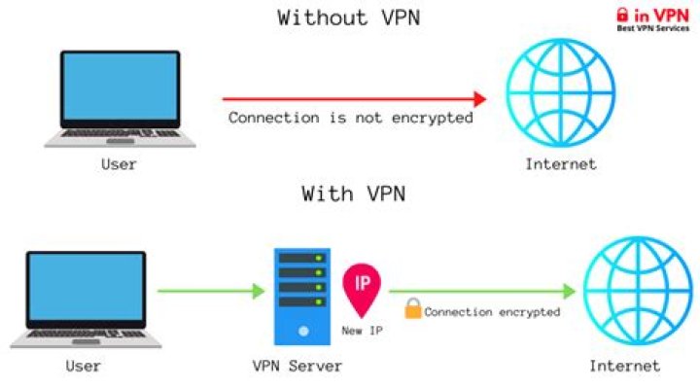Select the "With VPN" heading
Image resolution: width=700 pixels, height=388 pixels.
352,194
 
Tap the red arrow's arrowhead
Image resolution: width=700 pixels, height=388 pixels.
478,98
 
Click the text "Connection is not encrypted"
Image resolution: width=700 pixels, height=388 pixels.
351,118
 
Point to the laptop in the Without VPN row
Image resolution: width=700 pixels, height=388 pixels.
120,97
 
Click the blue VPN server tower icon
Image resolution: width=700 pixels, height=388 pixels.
301,296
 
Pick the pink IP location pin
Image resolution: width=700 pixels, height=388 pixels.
362,286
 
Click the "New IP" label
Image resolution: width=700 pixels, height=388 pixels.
361,332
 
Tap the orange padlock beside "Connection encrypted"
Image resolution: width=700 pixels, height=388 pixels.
412,310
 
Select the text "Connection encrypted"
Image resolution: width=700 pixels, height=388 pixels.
492,312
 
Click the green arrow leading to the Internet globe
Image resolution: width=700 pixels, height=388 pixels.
482,290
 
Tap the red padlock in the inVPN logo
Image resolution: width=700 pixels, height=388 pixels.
623,15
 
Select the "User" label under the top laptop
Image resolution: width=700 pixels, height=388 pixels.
119,164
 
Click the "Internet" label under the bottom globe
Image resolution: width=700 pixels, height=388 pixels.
624,367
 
